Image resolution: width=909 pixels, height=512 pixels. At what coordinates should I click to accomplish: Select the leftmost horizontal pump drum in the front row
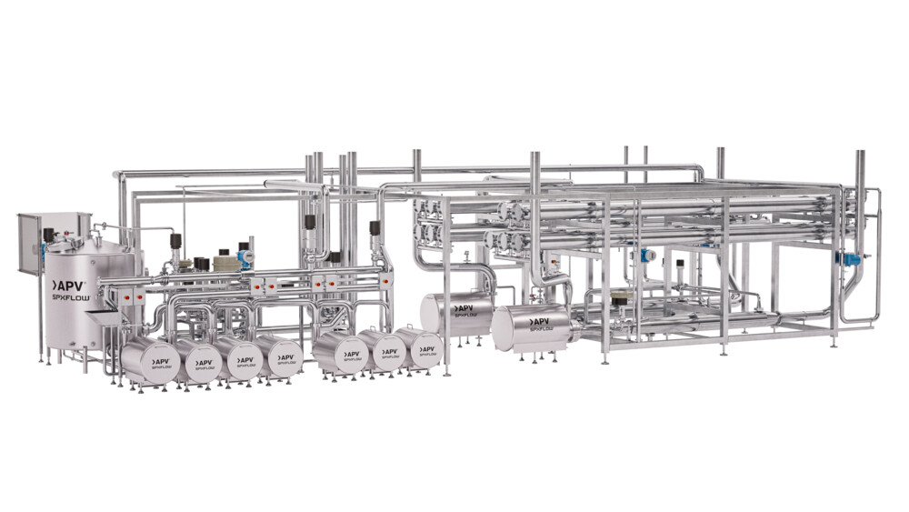pyautogui.click(x=150, y=362)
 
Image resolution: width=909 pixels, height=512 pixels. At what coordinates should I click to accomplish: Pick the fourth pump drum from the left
pyautogui.click(x=279, y=357)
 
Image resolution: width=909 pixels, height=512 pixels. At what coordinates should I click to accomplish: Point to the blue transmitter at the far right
pyautogui.click(x=852, y=259)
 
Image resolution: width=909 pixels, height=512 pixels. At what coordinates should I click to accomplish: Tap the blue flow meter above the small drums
pyautogui.click(x=245, y=257)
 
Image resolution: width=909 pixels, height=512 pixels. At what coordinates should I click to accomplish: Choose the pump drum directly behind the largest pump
pyautogui.click(x=456, y=313)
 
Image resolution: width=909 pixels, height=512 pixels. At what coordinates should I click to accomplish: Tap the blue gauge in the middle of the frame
pyautogui.click(x=646, y=256)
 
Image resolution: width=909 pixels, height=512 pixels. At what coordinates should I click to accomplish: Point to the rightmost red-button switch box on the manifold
pyautogui.click(x=386, y=282)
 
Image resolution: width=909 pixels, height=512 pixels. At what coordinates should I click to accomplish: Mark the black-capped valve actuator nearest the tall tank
pyautogui.click(x=49, y=236)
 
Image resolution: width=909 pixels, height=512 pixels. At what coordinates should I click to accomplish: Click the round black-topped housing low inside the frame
pyautogui.click(x=621, y=299)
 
